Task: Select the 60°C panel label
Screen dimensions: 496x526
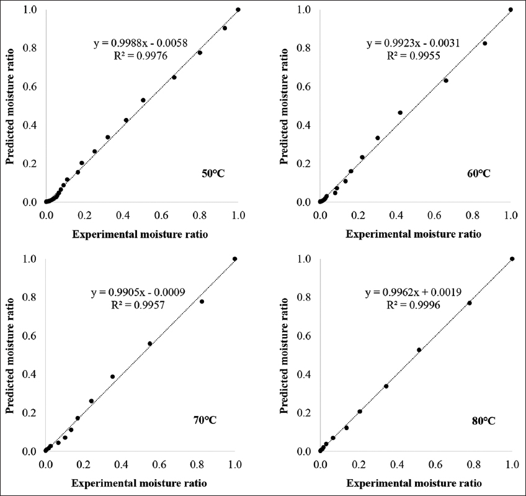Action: [x=478, y=173]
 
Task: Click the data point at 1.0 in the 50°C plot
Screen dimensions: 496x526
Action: [x=238, y=9]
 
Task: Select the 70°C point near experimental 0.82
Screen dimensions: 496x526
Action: [x=202, y=302]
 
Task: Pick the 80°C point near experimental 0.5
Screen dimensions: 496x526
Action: [x=419, y=350]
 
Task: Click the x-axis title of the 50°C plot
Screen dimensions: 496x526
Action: [x=140, y=234]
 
